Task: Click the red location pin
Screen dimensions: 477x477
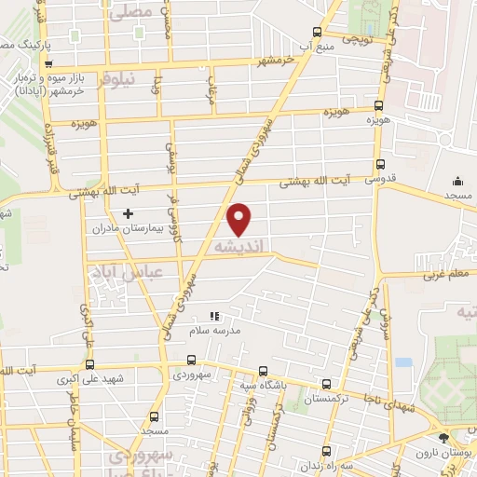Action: click(x=239, y=219)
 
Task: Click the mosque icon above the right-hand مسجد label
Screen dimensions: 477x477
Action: click(x=457, y=182)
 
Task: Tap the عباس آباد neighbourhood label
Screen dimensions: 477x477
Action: click(x=126, y=272)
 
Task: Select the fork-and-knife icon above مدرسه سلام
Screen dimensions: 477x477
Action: click(x=213, y=316)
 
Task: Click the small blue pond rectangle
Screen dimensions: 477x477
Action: click(x=402, y=362)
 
